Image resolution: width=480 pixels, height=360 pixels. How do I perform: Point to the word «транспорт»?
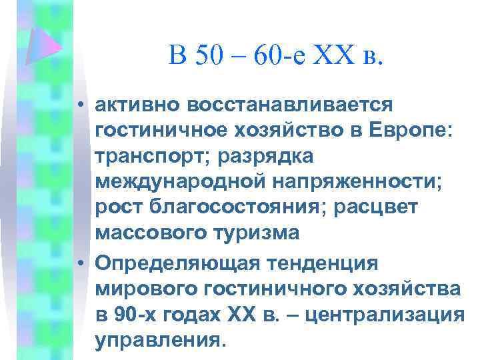pyautogui.click(x=151, y=157)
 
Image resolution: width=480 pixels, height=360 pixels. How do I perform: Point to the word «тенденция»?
pyautogui.click(x=331, y=262)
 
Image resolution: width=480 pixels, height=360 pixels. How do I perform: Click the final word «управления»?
pyautogui.click(x=157, y=339)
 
